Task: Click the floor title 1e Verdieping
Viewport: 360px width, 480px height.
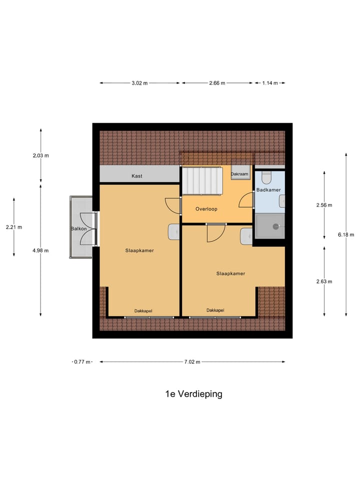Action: [193, 394]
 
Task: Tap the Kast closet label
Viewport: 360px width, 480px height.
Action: [136, 176]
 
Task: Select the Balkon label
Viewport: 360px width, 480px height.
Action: [78, 229]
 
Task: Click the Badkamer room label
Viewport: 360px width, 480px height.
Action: [268, 190]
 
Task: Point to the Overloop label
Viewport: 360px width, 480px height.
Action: [206, 209]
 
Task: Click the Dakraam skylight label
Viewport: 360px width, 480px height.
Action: [239, 174]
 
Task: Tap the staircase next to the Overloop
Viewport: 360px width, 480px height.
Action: [201, 181]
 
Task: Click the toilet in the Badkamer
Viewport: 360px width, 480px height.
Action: [266, 177]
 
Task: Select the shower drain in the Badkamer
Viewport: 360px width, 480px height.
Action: [275, 226]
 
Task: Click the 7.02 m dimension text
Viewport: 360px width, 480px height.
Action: [191, 362]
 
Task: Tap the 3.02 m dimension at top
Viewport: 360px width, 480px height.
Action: [139, 83]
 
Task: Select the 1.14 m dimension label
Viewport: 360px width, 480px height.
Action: [270, 83]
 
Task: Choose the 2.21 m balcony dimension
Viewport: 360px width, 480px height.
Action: [13, 227]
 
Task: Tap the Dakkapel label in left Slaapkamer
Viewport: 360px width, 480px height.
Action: [143, 310]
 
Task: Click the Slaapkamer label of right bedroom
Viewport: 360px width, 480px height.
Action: [230, 273]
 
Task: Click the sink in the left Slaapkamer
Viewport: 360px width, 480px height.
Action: [173, 232]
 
